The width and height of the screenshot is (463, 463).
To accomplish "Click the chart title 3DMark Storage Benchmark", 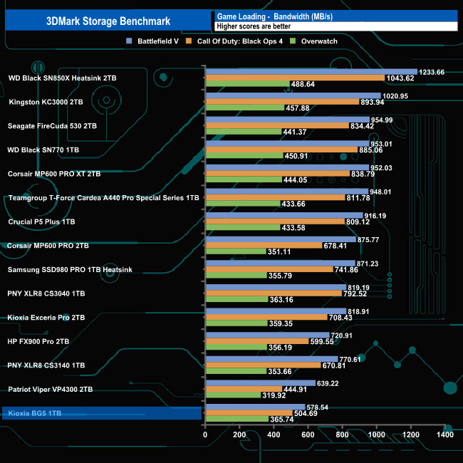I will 108,21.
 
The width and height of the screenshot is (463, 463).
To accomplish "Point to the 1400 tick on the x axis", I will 445,435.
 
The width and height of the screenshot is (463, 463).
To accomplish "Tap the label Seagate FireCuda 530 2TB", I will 51,126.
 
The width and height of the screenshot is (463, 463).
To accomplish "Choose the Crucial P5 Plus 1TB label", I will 41,222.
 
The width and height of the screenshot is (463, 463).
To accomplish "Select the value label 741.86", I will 348,269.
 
